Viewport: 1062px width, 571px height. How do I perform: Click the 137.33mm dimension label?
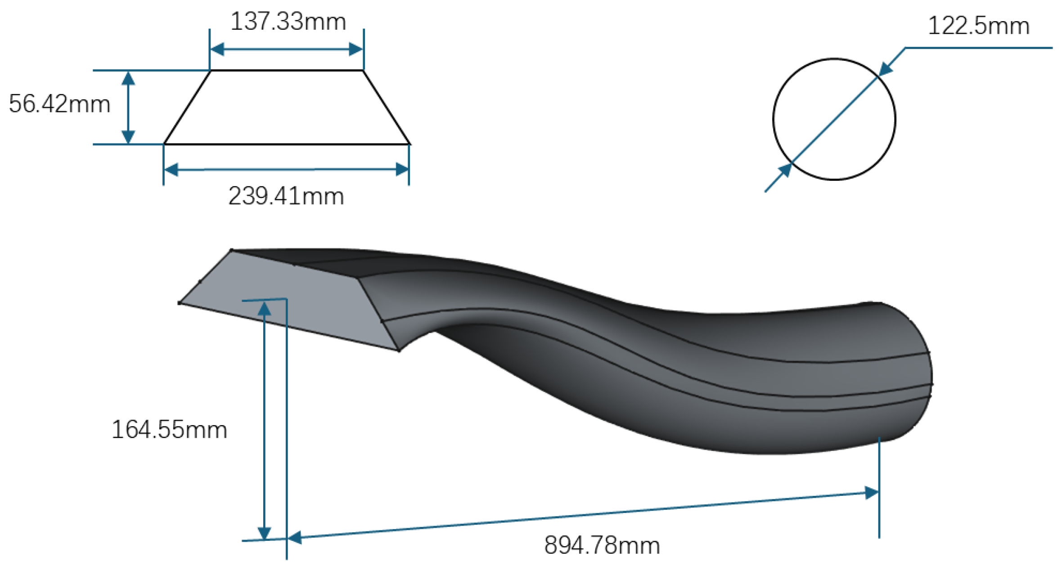(x=288, y=22)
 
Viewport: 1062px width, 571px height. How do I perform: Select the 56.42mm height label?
(x=59, y=104)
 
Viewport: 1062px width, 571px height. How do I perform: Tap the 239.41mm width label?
(x=286, y=196)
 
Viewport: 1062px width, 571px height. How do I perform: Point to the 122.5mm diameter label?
(x=979, y=26)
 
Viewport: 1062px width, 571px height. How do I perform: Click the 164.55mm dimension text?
(x=169, y=429)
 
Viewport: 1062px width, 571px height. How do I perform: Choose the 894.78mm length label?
(x=602, y=545)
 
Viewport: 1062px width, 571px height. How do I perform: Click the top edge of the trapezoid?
(x=287, y=71)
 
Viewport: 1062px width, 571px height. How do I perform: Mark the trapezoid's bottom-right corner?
(x=409, y=144)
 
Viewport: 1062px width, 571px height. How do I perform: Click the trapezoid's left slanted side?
(x=187, y=107)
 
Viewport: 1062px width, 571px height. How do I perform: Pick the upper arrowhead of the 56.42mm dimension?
(x=129, y=78)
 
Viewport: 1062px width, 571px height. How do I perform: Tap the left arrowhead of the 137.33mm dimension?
(x=217, y=49)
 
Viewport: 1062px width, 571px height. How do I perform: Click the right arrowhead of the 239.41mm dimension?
(x=402, y=170)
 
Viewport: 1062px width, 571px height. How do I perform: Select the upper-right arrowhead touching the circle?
(x=886, y=69)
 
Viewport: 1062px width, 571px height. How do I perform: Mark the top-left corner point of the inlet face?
(x=232, y=250)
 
